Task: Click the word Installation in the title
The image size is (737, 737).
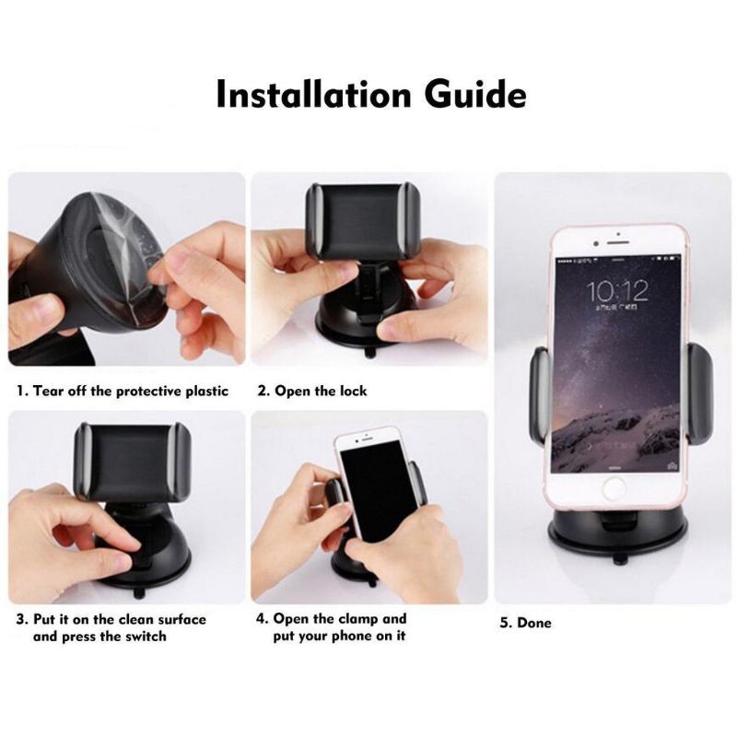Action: (x=313, y=94)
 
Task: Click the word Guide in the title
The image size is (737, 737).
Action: (x=475, y=94)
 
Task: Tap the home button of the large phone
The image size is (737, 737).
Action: (x=614, y=488)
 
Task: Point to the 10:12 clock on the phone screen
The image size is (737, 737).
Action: (x=616, y=290)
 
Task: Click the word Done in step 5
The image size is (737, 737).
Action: (x=534, y=623)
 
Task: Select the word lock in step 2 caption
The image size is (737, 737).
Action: (x=353, y=391)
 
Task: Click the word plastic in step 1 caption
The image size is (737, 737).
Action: (x=206, y=391)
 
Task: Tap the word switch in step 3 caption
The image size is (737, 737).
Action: (x=146, y=637)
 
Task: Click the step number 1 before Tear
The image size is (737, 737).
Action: (x=19, y=391)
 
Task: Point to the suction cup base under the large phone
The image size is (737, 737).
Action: (x=618, y=532)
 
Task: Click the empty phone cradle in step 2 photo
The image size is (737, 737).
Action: (x=363, y=221)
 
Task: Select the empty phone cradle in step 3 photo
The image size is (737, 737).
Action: (x=133, y=462)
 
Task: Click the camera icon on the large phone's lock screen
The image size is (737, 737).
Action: (x=673, y=466)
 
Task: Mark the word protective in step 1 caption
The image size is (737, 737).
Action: (x=147, y=391)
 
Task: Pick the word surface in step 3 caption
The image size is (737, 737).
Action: (x=181, y=619)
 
